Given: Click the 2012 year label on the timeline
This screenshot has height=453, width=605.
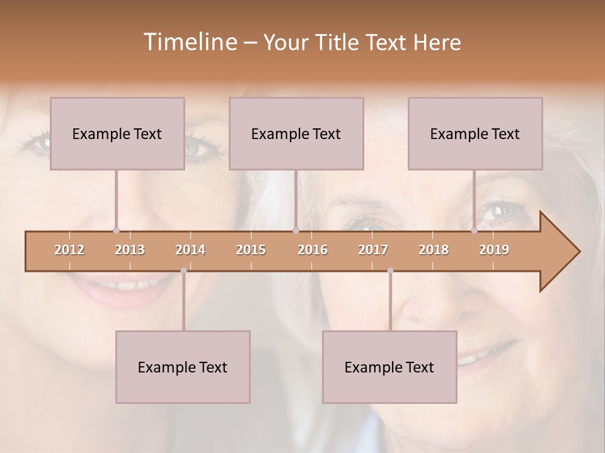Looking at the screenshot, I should [69, 250].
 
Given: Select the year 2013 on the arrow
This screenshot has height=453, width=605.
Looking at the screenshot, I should [130, 250].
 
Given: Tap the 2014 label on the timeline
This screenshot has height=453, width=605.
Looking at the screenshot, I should [190, 250].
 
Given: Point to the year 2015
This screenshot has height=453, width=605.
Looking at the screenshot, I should [251, 250].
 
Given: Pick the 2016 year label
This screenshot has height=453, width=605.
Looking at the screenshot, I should [313, 250].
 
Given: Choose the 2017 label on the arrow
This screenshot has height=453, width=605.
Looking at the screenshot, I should [373, 250].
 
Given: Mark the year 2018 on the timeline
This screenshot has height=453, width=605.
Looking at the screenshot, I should [434, 250].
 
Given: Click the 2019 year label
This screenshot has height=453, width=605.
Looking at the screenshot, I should [494, 250].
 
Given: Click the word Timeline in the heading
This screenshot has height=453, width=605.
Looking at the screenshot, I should [189, 42].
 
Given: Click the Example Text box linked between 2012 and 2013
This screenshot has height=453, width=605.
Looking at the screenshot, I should [117, 133].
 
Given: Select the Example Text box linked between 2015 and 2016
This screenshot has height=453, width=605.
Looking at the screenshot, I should [296, 133].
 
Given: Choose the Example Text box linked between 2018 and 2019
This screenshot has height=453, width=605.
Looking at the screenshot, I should [475, 133].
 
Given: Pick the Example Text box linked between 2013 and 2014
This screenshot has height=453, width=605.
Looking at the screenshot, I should [183, 367].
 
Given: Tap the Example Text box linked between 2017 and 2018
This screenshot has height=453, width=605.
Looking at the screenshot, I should [389, 367].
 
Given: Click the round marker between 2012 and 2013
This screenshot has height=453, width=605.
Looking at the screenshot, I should [116, 231].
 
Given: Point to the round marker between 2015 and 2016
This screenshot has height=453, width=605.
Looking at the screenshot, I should [296, 231].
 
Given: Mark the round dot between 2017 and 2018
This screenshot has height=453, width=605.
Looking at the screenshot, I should [390, 271].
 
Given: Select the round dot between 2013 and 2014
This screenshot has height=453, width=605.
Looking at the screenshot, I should [183, 271].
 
